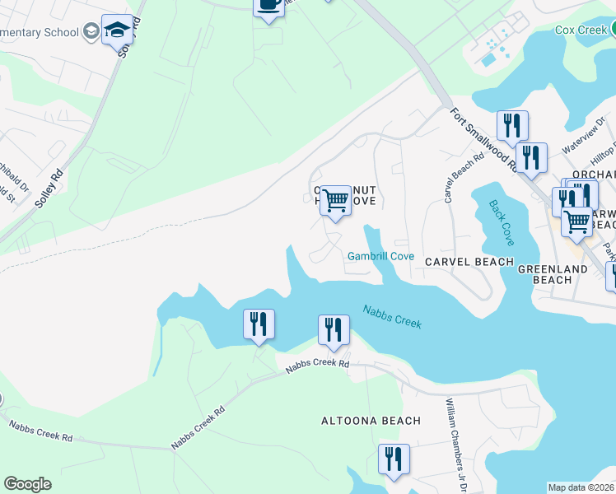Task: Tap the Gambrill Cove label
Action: pos(380,256)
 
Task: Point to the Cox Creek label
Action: pos(580,30)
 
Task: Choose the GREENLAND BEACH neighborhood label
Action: pos(544,274)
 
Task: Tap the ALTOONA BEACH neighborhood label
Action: pos(371,421)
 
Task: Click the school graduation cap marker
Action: pos(117,32)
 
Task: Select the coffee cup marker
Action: pos(268,5)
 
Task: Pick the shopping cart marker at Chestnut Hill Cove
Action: pos(335,201)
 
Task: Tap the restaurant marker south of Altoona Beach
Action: pos(394,459)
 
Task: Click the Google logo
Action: pos(27,484)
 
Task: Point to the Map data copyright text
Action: pos(581,487)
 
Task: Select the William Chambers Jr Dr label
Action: pos(456,445)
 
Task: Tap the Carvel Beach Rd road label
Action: pos(450,178)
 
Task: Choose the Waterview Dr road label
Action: pos(583,133)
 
